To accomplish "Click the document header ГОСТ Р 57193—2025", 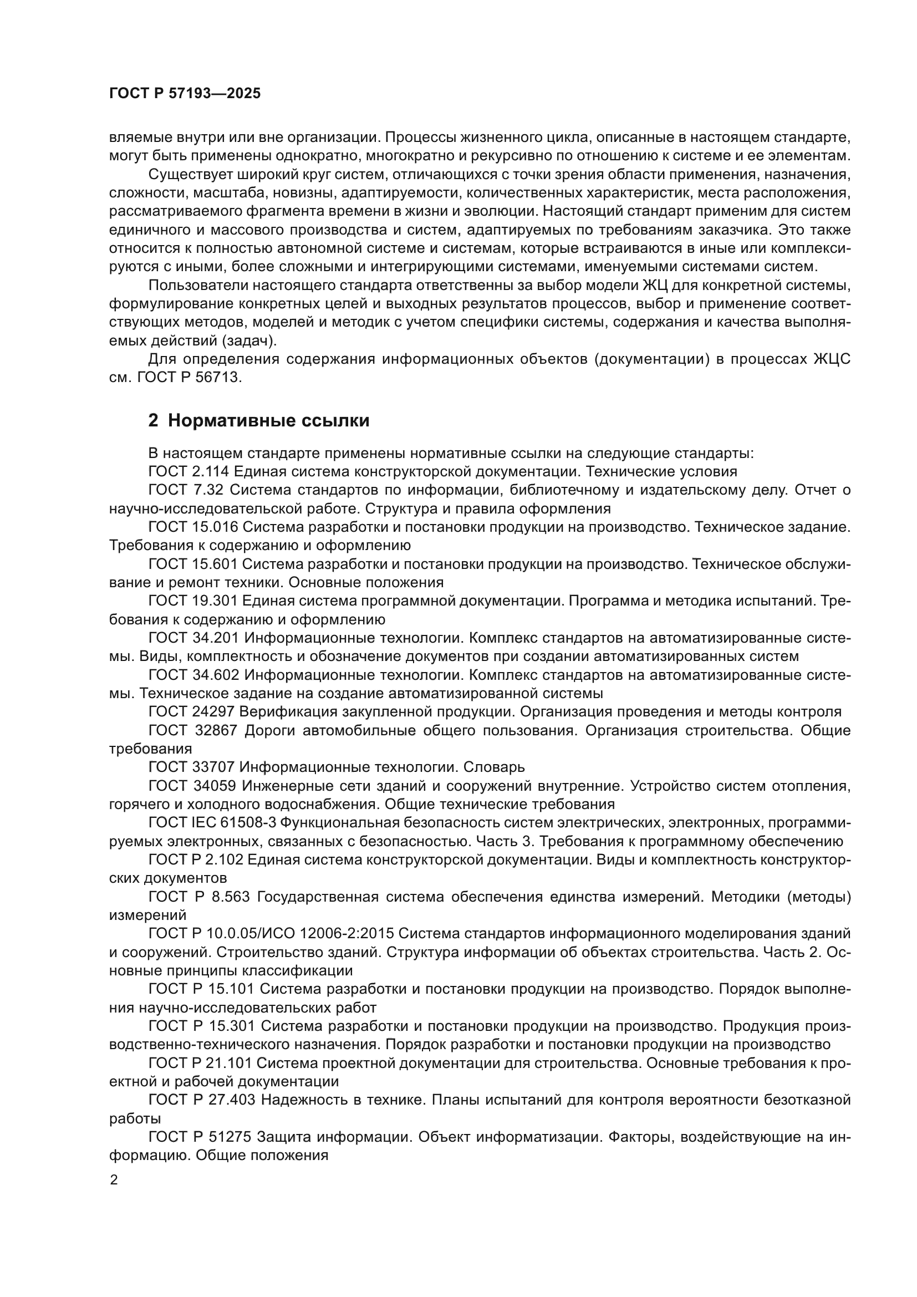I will click(185, 94).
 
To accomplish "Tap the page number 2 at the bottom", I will click(114, 1180).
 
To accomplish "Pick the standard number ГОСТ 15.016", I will click(192, 527).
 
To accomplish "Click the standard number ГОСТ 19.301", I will click(192, 601).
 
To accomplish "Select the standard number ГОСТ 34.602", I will click(192, 675).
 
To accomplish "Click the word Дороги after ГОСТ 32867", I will click(269, 730).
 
